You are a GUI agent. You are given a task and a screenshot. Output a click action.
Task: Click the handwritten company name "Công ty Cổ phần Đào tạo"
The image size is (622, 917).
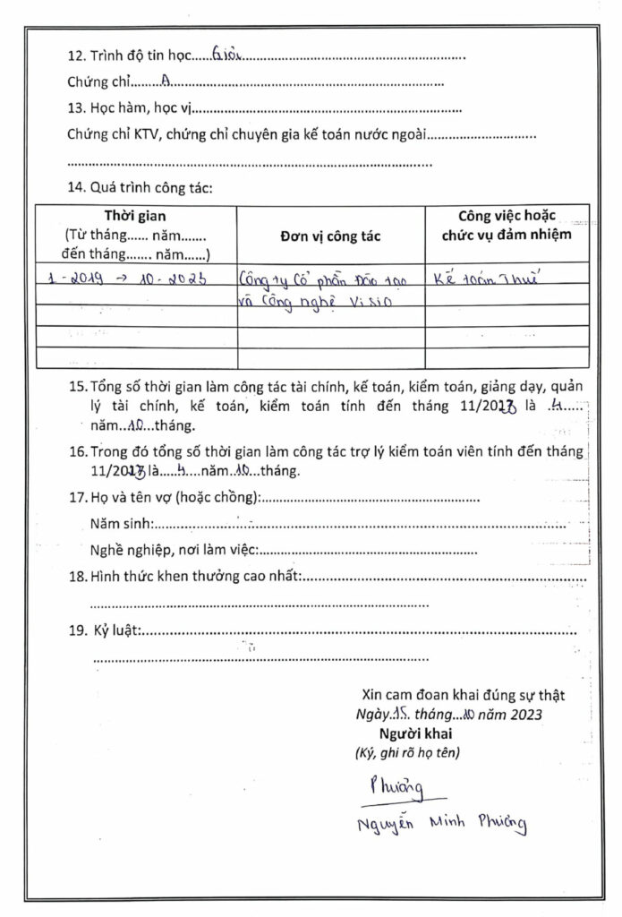[323, 279]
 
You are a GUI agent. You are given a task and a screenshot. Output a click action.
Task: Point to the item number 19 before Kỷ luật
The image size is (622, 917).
[77, 630]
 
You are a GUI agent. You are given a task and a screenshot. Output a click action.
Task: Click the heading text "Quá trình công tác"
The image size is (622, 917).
[150, 189]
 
